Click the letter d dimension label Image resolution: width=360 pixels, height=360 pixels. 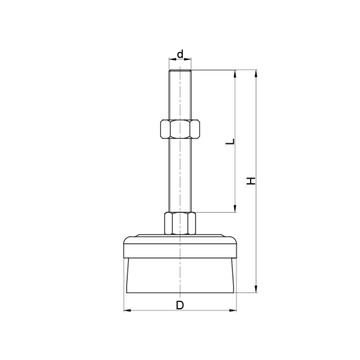tap(180, 54)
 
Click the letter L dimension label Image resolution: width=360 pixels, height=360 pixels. tap(230, 141)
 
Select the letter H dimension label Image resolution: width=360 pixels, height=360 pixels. tap(251, 181)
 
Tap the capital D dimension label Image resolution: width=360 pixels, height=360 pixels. tap(180, 306)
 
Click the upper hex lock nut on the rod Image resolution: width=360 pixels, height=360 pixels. tap(180, 129)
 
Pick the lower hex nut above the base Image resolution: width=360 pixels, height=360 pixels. tap(180, 223)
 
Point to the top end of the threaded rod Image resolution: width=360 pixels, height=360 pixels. tap(180, 70)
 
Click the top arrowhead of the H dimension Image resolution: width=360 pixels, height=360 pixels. tap(256, 73)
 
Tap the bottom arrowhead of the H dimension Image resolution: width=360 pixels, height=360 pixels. tap(256, 289)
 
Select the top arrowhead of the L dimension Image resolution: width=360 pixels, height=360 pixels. tap(235, 74)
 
